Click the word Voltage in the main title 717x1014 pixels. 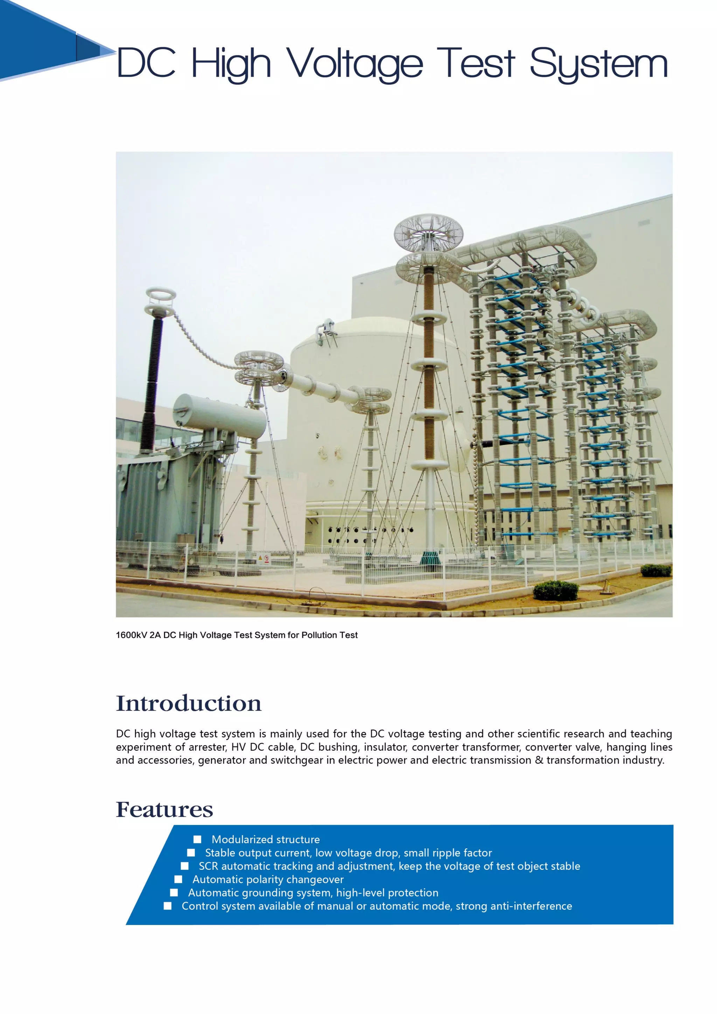[x=355, y=64]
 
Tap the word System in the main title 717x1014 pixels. [x=598, y=64]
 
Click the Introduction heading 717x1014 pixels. [x=189, y=704]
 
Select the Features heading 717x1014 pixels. [x=164, y=810]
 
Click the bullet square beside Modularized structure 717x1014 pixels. [x=197, y=839]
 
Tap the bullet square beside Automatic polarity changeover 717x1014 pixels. [x=179, y=879]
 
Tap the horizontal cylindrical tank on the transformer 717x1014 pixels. [x=220, y=415]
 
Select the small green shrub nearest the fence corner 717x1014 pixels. [x=555, y=590]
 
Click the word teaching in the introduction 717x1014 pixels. [x=651, y=734]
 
